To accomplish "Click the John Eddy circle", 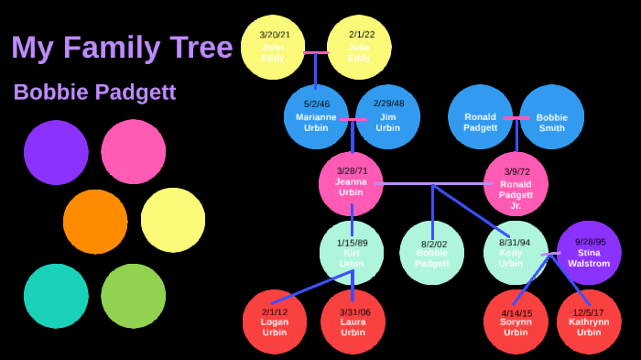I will [x=273, y=47].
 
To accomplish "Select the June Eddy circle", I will [x=359, y=47].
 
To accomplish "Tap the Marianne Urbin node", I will [x=316, y=116].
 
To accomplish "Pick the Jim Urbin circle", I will [x=388, y=116].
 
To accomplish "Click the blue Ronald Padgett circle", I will [x=480, y=116].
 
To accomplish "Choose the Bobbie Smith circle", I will [x=552, y=116].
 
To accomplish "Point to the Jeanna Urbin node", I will [x=351, y=183].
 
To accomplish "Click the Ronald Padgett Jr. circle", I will [x=516, y=184].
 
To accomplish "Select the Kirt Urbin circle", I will [x=352, y=252].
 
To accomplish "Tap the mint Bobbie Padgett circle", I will [x=432, y=252].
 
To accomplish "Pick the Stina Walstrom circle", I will [x=589, y=252].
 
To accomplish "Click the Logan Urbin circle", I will [x=275, y=322].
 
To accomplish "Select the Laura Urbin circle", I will [x=353, y=322].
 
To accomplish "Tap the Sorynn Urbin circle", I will [x=516, y=322].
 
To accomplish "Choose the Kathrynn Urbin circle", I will [x=589, y=322].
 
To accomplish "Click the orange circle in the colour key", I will [x=95, y=222].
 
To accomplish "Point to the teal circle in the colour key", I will [x=56, y=296].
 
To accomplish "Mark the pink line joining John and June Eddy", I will [x=316, y=52].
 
